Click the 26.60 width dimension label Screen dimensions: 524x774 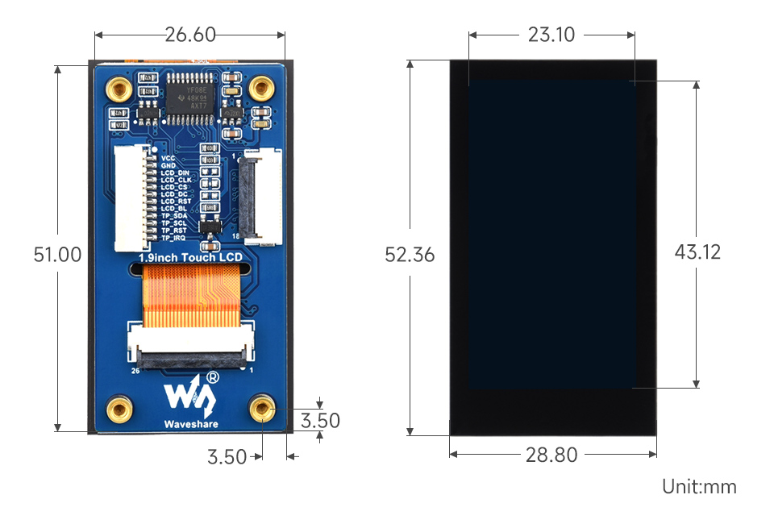[x=189, y=35]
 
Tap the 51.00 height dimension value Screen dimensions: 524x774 [x=57, y=255]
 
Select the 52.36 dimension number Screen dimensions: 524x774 [x=410, y=255]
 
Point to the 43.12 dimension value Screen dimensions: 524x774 [x=697, y=252]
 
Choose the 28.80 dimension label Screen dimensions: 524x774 [x=551, y=455]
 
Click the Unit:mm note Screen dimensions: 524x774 [x=699, y=487]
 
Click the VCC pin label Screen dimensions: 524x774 [x=168, y=158]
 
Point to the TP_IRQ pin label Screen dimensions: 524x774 [x=173, y=238]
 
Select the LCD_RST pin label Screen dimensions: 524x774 [x=176, y=202]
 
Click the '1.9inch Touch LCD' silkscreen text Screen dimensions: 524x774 [x=190, y=257]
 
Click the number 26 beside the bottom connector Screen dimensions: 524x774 [x=135, y=372]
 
